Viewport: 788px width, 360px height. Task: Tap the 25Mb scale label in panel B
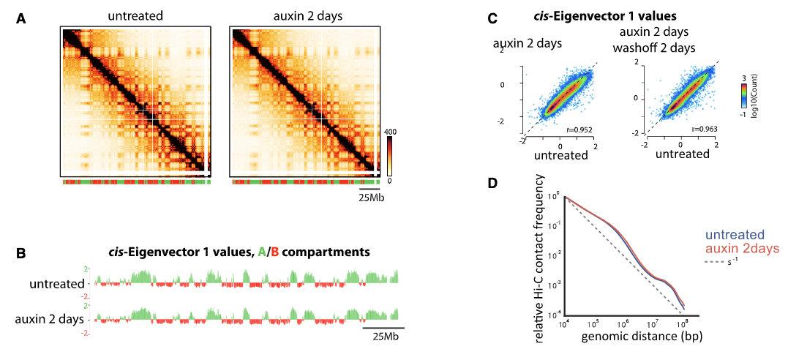tap(383, 336)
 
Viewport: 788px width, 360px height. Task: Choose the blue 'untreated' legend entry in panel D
tap(733, 235)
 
